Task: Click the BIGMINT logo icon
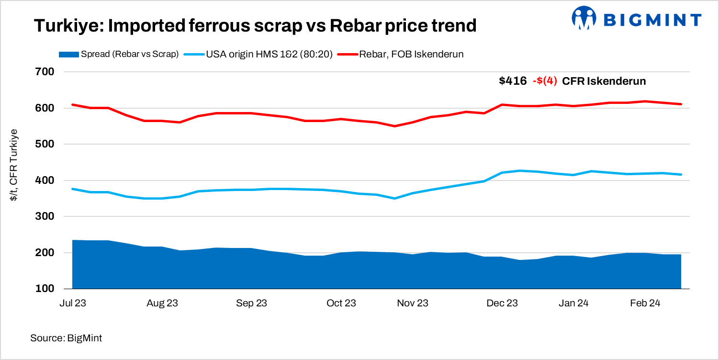click(584, 19)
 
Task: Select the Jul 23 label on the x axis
click(72, 303)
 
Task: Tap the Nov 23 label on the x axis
click(413, 303)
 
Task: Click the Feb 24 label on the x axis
click(645, 303)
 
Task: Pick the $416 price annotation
click(513, 81)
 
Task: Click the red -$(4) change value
click(545, 81)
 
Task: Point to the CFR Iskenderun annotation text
click(604, 81)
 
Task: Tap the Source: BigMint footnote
click(66, 338)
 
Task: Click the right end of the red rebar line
click(681, 104)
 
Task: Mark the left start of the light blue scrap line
click(72, 189)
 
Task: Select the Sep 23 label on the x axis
click(252, 303)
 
